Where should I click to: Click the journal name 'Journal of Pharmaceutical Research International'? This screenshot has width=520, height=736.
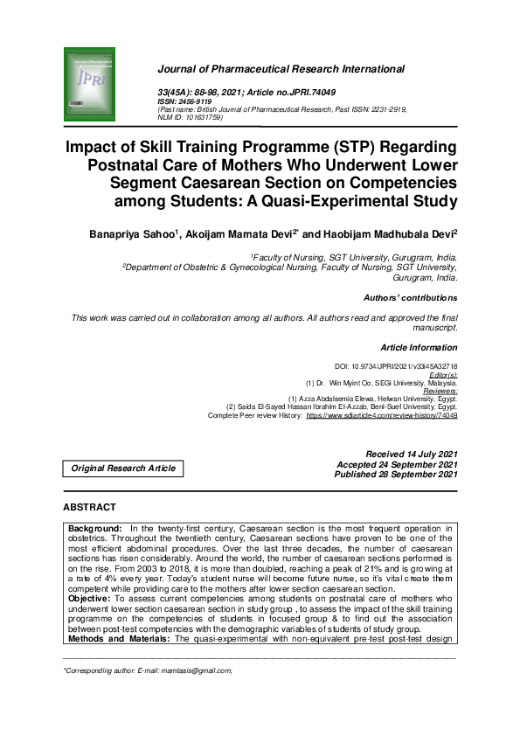280,69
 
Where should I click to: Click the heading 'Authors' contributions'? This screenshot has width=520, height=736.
410,298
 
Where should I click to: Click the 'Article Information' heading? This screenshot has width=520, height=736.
419,348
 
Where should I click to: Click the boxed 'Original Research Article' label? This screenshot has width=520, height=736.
123,469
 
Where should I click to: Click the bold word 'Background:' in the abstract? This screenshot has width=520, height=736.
96,529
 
